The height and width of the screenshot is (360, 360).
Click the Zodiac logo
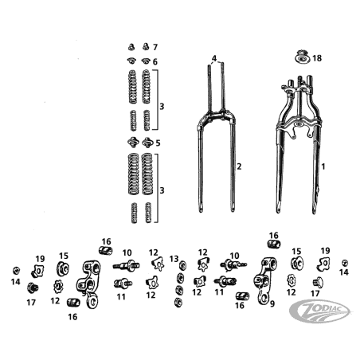320,311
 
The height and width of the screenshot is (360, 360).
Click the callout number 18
317,58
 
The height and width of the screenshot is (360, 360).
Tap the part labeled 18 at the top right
303,57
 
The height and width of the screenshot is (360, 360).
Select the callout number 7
155,47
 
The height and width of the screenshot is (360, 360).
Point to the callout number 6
155,62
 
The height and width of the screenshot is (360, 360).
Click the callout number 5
158,143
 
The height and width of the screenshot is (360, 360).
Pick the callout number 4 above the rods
214,58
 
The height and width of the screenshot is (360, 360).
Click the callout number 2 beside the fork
239,166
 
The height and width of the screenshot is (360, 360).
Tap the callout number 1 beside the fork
323,166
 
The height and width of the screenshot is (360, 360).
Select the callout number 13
174,259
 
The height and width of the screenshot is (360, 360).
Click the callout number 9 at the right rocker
272,303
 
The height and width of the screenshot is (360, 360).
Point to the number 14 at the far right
344,272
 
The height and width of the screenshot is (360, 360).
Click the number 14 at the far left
16,282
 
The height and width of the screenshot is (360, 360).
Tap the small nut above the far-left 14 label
16,271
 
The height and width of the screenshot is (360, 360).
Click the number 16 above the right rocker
274,236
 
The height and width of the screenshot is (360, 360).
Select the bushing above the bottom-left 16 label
73,302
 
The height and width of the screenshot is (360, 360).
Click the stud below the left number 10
123,284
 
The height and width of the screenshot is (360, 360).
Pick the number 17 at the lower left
31,303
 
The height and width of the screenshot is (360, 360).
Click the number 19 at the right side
326,251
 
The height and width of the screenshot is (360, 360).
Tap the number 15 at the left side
64,256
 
